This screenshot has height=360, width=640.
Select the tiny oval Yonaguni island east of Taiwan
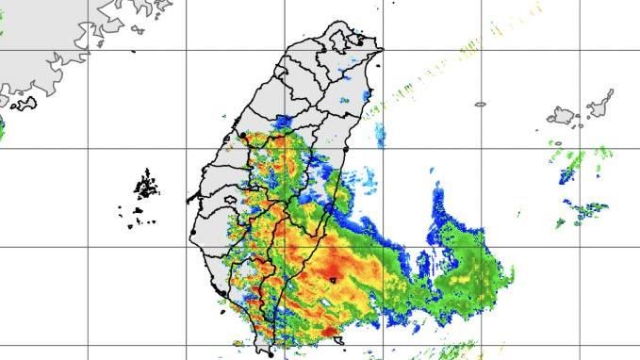[x=480, y=105]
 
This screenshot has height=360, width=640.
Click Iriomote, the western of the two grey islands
[x=563, y=117]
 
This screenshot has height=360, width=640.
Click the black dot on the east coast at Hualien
[x=348, y=150]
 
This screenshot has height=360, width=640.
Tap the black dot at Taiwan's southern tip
[x=271, y=354]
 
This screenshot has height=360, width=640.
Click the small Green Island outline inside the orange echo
[x=333, y=279]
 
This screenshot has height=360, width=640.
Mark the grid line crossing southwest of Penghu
[x=90, y=247]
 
